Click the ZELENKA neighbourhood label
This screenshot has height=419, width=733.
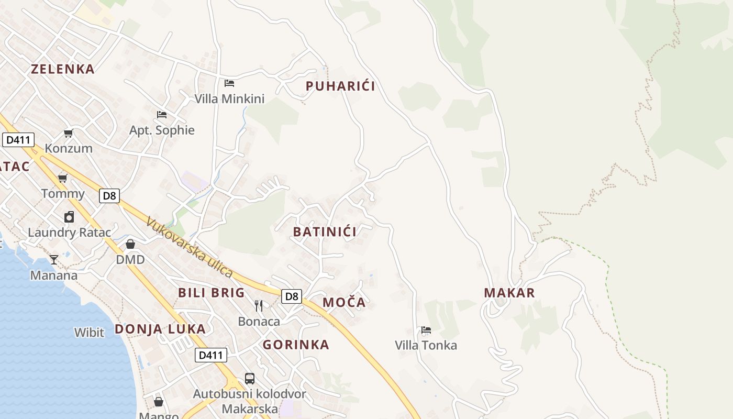tap(63, 69)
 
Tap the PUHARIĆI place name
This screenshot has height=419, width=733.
tap(340, 86)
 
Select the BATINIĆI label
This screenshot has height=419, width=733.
tap(325, 232)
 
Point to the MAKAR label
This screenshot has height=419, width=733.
tap(509, 293)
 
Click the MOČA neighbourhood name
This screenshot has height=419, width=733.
tap(344, 303)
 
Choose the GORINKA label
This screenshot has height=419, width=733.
tap(296, 345)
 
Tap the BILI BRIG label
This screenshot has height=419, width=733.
tap(212, 293)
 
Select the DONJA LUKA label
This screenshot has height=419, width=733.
tap(160, 329)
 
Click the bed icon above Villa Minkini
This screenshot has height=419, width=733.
tap(229, 83)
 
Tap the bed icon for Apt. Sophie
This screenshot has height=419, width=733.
tap(162, 115)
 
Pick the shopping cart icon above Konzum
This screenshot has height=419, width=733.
tap(69, 133)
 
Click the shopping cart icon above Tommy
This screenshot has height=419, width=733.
tap(63, 178)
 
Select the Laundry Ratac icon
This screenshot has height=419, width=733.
tap(69, 217)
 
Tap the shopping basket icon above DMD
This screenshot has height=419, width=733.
tap(130, 244)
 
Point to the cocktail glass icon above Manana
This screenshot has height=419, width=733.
tap(54, 260)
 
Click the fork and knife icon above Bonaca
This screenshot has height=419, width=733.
tap(259, 306)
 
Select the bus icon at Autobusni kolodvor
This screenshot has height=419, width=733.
tap(250, 378)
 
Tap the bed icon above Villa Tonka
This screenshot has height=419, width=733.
tap(426, 330)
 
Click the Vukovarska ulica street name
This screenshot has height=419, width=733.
tap(189, 247)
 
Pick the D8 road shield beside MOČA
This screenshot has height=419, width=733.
tap(292, 296)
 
